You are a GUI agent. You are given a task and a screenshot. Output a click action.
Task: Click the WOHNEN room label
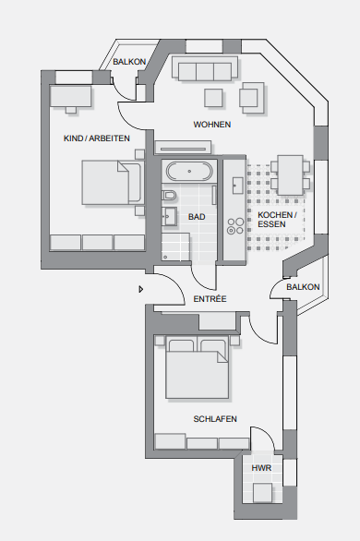(x=211, y=125)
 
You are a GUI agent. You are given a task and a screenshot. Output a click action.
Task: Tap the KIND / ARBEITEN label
(x=97, y=138)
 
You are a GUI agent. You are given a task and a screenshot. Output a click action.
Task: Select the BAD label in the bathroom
(x=197, y=217)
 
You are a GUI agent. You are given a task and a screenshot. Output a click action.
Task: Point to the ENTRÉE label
(x=210, y=299)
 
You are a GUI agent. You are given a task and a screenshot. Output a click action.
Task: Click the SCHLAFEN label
(x=215, y=419)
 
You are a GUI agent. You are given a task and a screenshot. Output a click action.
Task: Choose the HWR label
(x=261, y=468)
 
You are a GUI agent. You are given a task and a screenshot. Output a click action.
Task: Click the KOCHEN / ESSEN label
(x=277, y=220)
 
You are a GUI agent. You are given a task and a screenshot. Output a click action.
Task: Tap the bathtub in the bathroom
(x=189, y=171)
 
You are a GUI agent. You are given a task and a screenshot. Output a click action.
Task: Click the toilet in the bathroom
(x=169, y=196)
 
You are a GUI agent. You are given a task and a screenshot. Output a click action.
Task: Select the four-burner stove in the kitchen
(x=235, y=226)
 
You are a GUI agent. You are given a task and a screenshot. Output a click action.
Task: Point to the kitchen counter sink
(x=237, y=186)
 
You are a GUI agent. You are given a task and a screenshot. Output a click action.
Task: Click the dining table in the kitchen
(x=291, y=175)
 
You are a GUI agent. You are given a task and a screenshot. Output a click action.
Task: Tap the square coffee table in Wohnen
(x=213, y=98)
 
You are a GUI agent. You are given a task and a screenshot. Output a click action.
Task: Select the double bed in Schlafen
(x=197, y=367)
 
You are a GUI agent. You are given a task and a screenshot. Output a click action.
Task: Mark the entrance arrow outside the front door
(x=140, y=289)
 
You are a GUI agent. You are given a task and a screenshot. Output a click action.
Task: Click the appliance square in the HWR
(x=262, y=493)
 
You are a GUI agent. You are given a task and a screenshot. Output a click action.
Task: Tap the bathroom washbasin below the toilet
(x=169, y=216)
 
